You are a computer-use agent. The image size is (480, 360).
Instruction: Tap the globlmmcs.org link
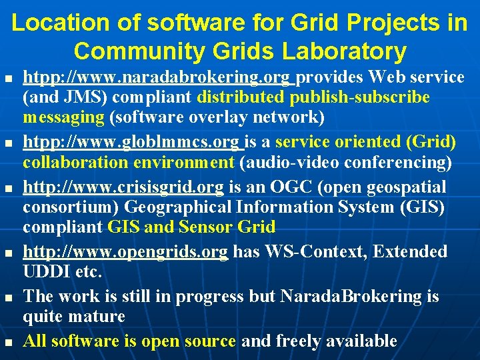point(133,142)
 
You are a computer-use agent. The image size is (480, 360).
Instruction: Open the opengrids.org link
point(125,251)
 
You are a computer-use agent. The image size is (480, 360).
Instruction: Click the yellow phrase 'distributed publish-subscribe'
point(313,97)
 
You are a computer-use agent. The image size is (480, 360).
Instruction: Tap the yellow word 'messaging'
point(64,117)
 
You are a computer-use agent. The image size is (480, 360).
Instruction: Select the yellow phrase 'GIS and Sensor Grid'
point(191,227)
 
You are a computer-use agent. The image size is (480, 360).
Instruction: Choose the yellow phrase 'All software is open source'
point(129,341)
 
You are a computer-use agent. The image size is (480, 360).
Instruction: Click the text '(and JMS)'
point(65,97)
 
